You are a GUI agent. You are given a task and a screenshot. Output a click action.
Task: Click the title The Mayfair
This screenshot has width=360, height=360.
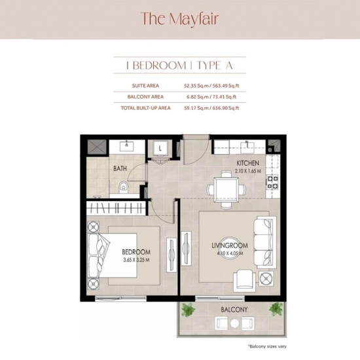[179, 19]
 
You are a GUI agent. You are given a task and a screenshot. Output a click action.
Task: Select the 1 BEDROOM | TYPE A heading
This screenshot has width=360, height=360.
[180, 65]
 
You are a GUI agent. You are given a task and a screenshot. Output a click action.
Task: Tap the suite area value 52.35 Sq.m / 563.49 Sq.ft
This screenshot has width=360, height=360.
[211, 86]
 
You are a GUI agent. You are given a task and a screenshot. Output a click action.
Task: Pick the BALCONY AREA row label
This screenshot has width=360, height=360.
[145, 97]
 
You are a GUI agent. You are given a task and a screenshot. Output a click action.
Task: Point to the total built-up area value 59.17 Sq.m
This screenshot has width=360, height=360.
[196, 108]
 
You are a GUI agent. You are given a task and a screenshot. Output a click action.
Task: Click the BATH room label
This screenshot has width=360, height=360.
[120, 168]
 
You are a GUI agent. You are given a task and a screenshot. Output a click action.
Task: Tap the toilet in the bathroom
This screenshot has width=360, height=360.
[123, 187]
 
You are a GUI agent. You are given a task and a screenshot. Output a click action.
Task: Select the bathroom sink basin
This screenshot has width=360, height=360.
[126, 146]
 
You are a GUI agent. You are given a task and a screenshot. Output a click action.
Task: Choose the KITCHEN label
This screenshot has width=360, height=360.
[247, 163]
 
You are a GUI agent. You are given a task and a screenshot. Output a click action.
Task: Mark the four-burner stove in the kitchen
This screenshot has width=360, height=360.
[272, 182]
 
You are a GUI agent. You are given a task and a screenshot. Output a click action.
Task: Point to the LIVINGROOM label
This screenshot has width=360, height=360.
[230, 245]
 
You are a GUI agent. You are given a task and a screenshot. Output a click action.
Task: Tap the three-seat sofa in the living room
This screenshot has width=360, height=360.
[265, 242]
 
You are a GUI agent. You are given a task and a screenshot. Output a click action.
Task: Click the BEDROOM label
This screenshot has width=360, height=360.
[136, 252]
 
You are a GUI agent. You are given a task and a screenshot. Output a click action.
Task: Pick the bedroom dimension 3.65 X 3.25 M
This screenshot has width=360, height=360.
[136, 260]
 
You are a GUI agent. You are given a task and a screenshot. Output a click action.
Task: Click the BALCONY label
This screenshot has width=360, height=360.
[234, 310]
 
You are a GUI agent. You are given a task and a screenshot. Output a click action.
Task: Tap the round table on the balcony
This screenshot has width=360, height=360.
[234, 323]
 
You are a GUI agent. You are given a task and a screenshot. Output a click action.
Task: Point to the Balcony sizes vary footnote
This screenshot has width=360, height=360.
[267, 346]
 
